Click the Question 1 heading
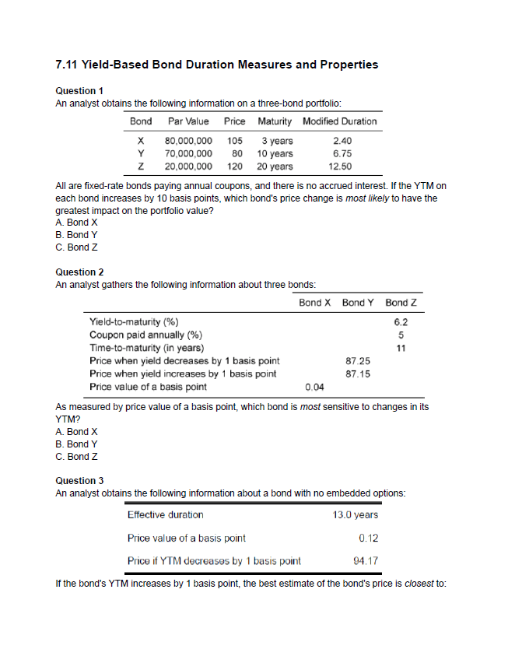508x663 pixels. pyautogui.click(x=81, y=91)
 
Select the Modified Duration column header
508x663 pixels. pyautogui.click(x=339, y=121)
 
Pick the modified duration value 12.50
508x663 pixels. pyautogui.click(x=340, y=166)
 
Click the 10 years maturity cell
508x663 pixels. pyautogui.click(x=275, y=153)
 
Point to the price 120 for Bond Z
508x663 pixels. pyautogui.click(x=235, y=166)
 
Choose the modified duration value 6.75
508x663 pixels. pyautogui.click(x=340, y=153)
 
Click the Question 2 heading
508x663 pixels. pyautogui.click(x=81, y=272)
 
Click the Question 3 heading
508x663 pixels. pyautogui.click(x=81, y=480)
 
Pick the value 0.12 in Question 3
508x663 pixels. pyautogui.click(x=368, y=538)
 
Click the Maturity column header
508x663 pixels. pyautogui.click(x=275, y=121)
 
